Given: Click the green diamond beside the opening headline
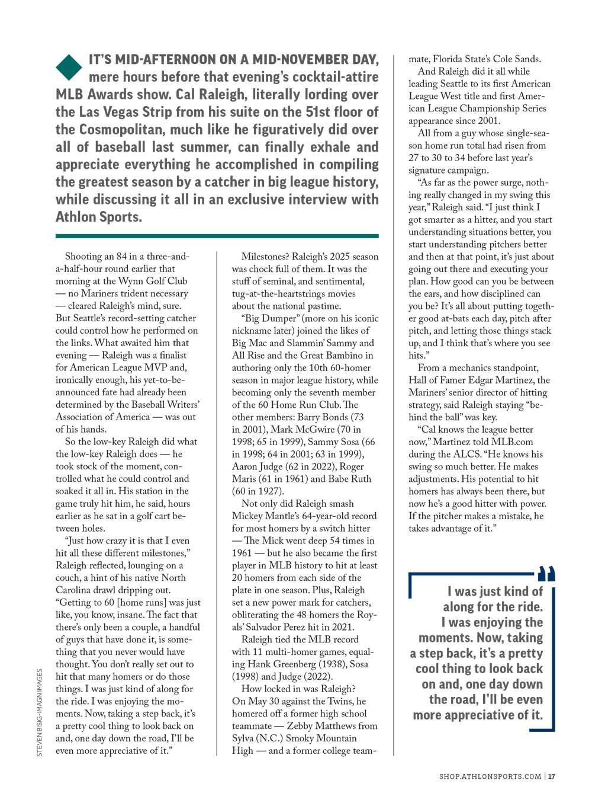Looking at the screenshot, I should [x=69, y=67].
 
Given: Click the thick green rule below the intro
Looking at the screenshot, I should [x=217, y=236].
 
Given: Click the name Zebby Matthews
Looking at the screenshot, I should [x=321, y=726].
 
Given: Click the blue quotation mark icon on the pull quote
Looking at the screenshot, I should [x=546, y=574].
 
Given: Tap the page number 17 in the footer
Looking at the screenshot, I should [x=551, y=776].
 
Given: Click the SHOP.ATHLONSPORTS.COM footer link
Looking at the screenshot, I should [x=490, y=776].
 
